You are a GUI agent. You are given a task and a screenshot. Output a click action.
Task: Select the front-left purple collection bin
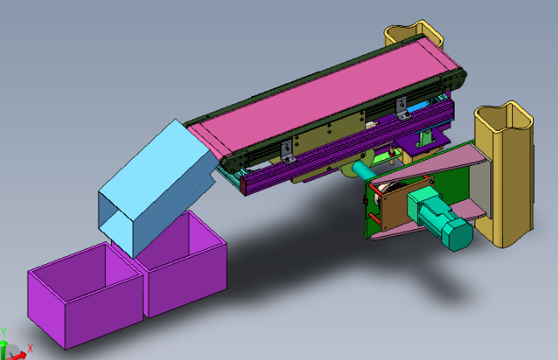click(85, 295)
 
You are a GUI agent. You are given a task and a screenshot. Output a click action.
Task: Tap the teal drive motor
click(440, 218)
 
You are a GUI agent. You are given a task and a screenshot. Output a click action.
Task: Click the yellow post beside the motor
click(505, 174)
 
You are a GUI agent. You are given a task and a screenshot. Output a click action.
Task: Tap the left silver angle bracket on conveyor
click(287, 151)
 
